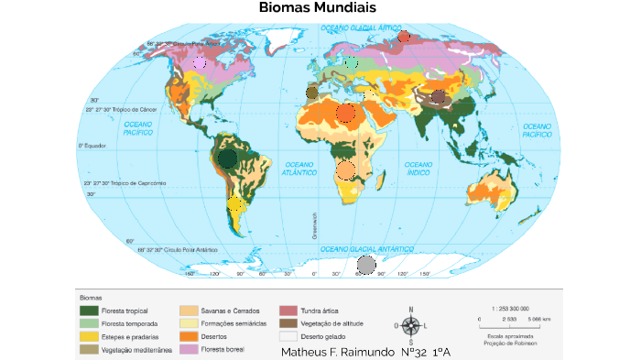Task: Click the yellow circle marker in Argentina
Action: tap(235, 204)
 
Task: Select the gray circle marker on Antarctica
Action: tap(365, 266)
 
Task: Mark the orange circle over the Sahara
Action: tap(345, 114)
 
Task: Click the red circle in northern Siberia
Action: tap(403, 38)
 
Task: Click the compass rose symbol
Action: tap(411, 325)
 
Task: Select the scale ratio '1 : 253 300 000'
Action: tap(510, 309)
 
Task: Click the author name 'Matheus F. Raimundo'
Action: tap(339, 352)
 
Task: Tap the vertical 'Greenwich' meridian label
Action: tap(314, 225)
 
